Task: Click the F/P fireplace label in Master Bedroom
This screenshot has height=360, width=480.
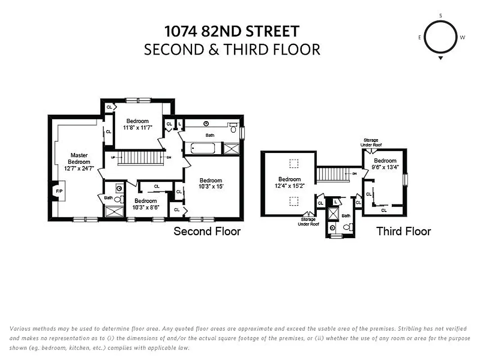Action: pos(59,191)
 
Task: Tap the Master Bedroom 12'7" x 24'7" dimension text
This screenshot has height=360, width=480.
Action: pos(79,162)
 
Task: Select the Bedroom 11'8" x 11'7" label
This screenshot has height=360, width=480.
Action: pos(137,124)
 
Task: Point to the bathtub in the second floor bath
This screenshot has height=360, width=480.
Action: pos(205,148)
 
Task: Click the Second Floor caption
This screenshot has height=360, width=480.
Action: pos(207,231)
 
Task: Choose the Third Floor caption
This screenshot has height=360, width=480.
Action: pos(404,231)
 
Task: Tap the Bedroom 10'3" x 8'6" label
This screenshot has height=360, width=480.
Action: pos(145,204)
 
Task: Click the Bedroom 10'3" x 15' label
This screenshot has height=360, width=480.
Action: pos(211,183)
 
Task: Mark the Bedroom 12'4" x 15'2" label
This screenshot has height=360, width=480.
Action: pos(289,182)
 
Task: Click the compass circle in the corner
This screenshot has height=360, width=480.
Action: pos(440,37)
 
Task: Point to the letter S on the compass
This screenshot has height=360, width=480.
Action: pos(440,16)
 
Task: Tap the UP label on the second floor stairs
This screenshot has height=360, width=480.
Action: pos(113,157)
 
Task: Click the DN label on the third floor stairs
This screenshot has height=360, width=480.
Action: pos(354,173)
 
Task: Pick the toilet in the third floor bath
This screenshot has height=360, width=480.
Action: pos(347,228)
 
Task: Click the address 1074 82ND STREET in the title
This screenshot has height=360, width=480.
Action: pos(232,31)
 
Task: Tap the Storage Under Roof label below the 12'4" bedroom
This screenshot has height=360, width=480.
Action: pos(308,221)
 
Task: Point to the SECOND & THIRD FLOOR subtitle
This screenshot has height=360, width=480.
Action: pos(232,49)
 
